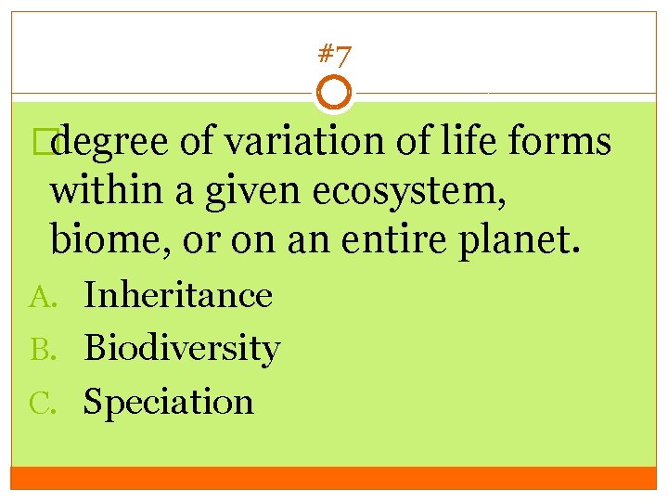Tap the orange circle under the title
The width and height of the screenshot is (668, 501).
[334, 94]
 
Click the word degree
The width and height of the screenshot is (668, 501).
[111, 142]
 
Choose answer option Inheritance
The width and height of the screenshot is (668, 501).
[178, 295]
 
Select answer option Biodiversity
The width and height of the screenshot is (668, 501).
[182, 349]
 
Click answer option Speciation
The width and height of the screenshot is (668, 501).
[169, 402]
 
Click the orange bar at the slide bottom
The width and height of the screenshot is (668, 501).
[334, 477]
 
